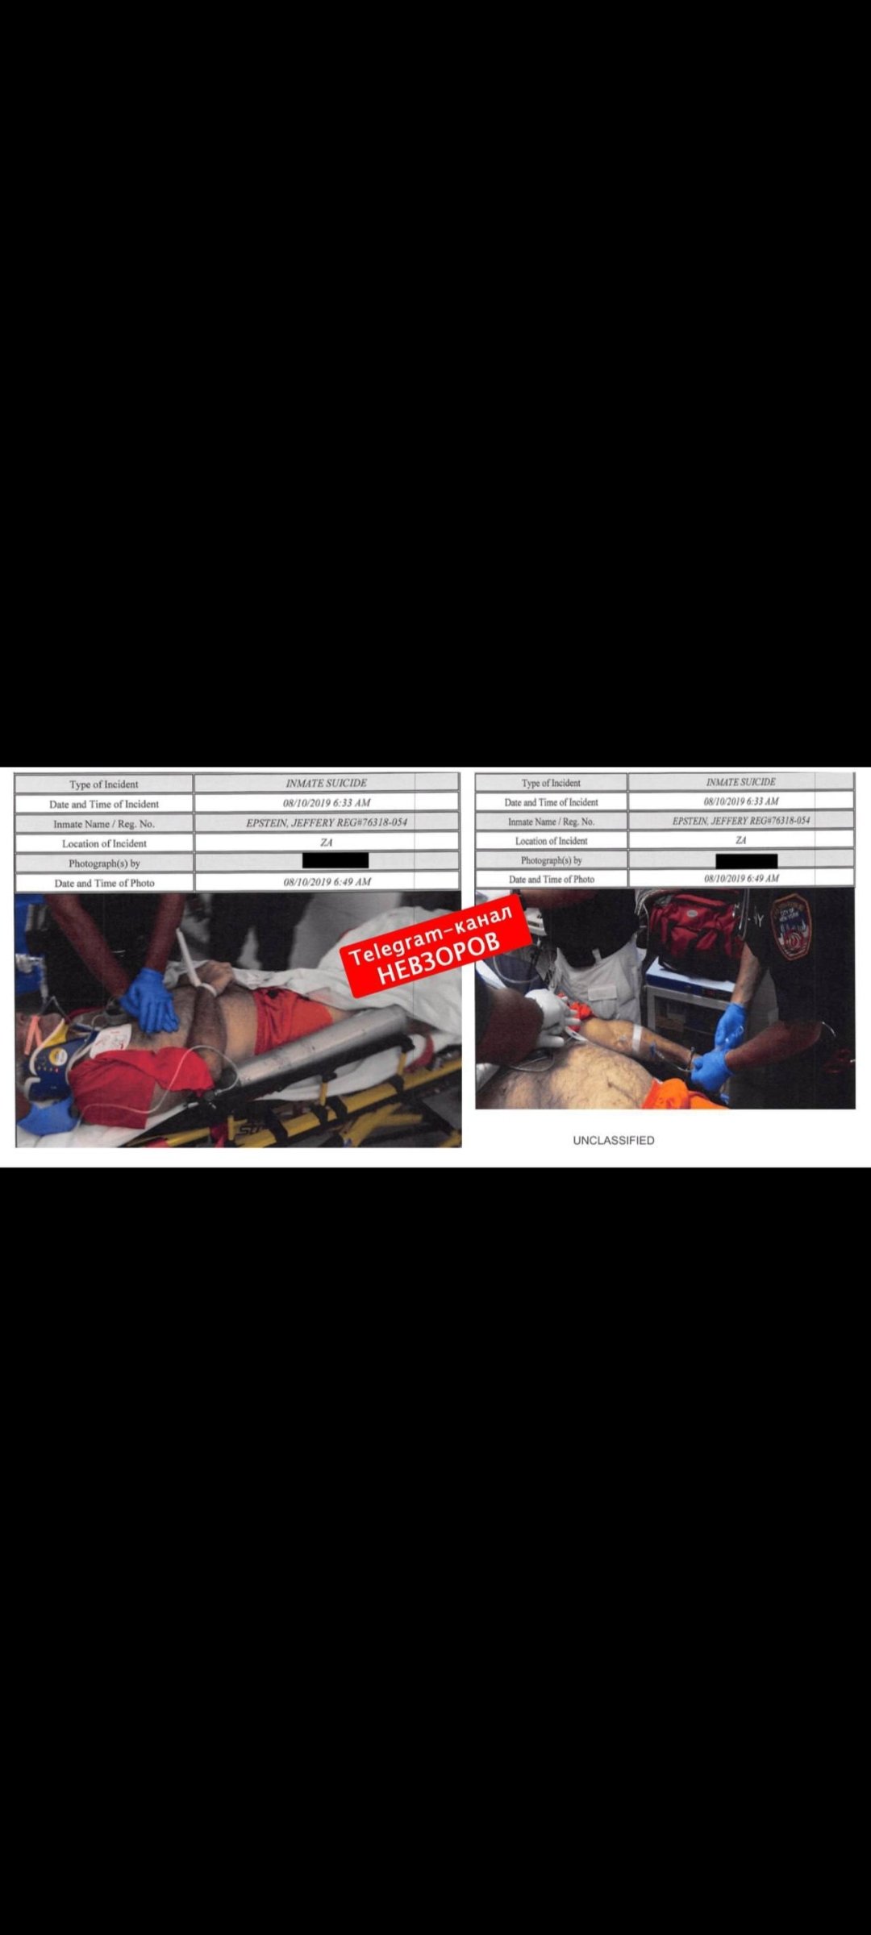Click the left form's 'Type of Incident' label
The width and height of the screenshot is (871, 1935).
pyautogui.click(x=104, y=784)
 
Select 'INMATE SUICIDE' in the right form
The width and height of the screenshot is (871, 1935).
pyautogui.click(x=740, y=781)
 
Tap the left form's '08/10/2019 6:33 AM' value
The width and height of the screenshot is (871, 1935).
pyautogui.click(x=327, y=802)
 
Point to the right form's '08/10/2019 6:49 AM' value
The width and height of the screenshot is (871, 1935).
pyautogui.click(x=741, y=878)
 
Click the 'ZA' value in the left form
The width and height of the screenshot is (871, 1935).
pyautogui.click(x=326, y=843)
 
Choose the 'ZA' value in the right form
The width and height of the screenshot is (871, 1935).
pyautogui.click(x=741, y=840)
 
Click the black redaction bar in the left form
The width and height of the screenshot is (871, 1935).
pyautogui.click(x=335, y=860)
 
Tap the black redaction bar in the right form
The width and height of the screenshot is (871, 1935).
pyautogui.click(x=747, y=860)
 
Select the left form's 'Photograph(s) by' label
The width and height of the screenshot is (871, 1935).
pyautogui.click(x=104, y=863)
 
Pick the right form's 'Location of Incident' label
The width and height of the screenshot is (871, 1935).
pyautogui.click(x=552, y=840)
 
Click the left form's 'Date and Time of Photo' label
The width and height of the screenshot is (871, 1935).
pyautogui.click(x=104, y=883)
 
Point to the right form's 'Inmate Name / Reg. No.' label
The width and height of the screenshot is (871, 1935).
pyautogui.click(x=552, y=821)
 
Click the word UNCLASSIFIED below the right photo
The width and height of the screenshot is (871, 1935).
pyautogui.click(x=614, y=1140)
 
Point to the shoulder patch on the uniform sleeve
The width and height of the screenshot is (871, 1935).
pyautogui.click(x=790, y=927)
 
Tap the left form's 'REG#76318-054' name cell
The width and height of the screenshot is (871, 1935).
pyautogui.click(x=327, y=822)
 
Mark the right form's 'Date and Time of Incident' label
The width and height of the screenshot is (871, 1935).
pyautogui.click(x=552, y=801)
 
